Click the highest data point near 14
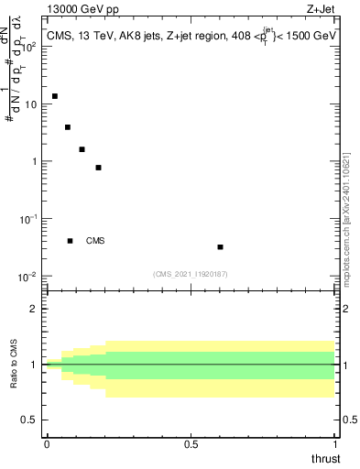55,96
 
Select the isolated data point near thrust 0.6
220,246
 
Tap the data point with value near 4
68,127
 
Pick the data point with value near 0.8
98,168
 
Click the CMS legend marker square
71,241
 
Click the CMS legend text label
95,241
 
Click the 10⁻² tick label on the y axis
27,277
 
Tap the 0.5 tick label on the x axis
191,444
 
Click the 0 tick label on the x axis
47,444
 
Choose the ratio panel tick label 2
35,309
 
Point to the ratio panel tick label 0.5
30,420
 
